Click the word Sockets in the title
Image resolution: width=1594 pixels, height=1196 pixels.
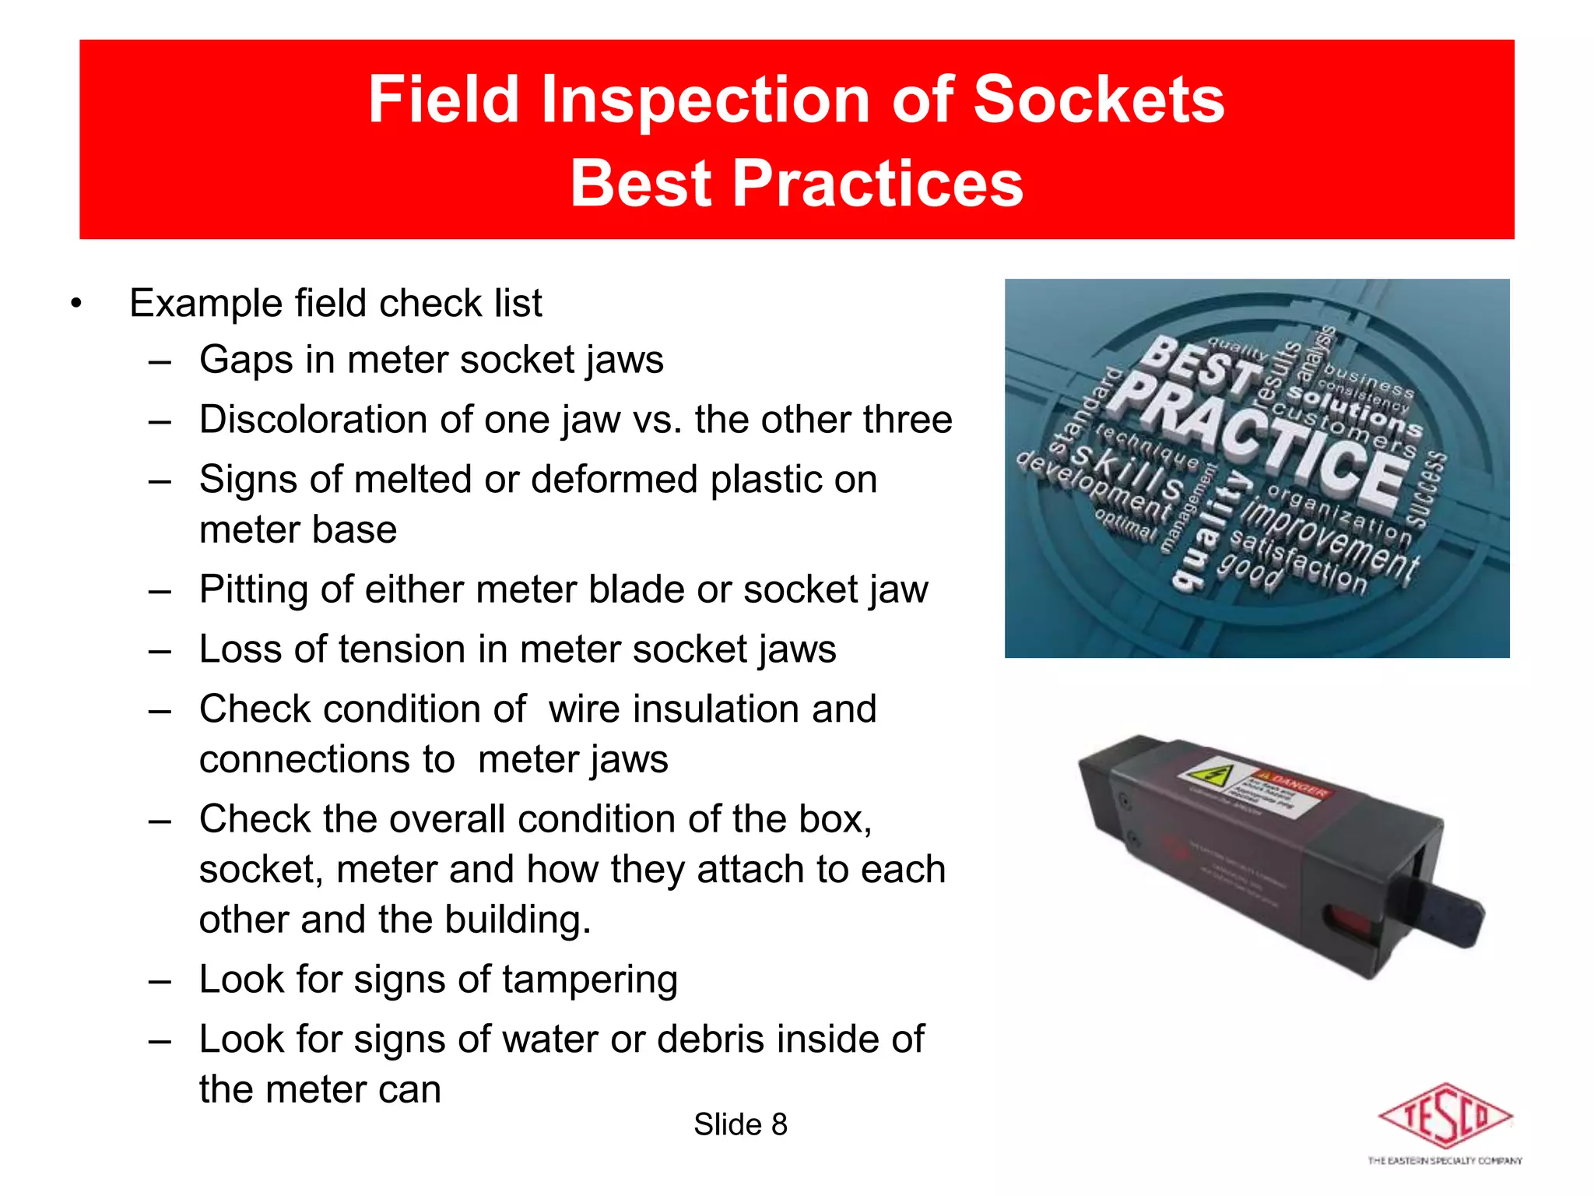tap(1098, 100)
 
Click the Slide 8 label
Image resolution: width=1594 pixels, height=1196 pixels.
tap(740, 1124)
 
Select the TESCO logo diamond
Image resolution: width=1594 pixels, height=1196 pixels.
tap(1445, 1116)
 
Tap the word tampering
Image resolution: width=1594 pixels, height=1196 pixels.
tap(590, 980)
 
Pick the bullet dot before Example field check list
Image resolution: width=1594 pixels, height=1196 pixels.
tap(75, 304)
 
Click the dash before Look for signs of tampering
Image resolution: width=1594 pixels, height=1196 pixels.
tap(160, 980)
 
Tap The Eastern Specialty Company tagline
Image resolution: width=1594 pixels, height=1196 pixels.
tap(1445, 1161)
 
